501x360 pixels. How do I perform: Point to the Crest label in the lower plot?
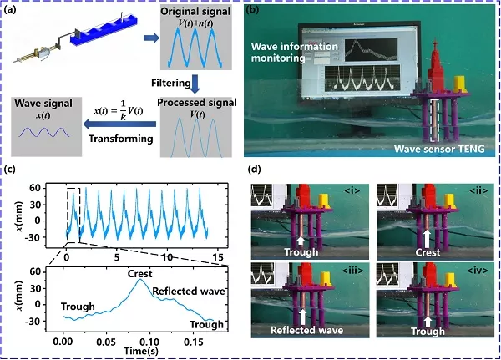(140, 273)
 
